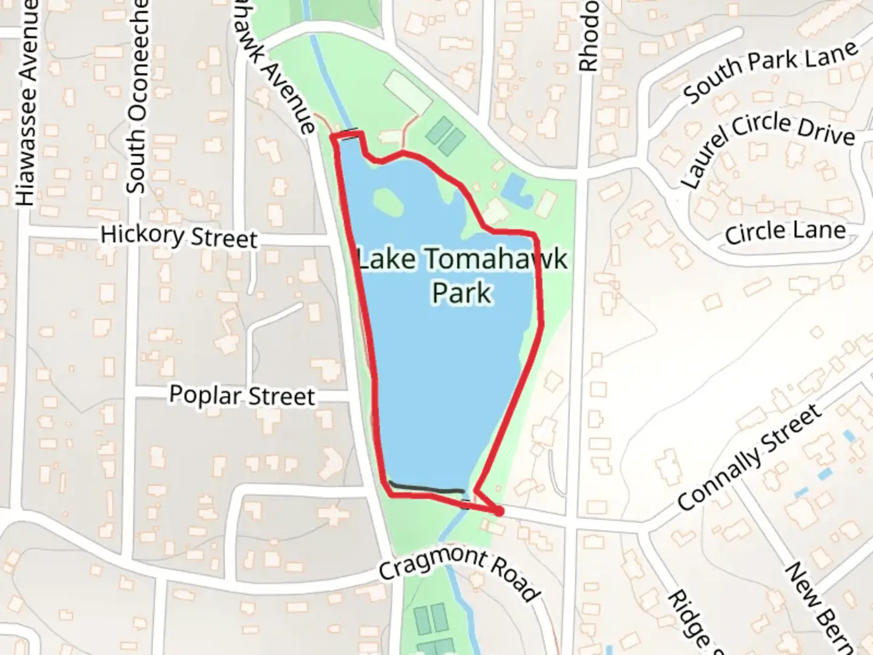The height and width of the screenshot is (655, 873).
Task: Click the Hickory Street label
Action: pyautogui.click(x=179, y=236)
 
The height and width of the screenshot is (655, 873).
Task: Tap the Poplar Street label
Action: pyautogui.click(x=242, y=395)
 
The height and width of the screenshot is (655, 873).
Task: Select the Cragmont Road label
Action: pyautogui.click(x=458, y=573)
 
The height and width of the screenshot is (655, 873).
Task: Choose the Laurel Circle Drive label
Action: pyautogui.click(x=767, y=146)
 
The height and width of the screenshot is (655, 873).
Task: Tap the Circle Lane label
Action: pyautogui.click(x=785, y=232)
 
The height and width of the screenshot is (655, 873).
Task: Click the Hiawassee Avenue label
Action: pyautogui.click(x=27, y=103)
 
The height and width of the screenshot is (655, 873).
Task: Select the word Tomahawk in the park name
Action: pyautogui.click(x=495, y=260)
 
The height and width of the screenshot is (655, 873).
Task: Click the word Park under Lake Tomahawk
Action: pyautogui.click(x=462, y=292)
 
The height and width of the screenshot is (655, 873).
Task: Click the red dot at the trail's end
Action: pyautogui.click(x=499, y=512)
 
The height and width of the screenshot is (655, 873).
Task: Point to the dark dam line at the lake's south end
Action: pyautogui.click(x=427, y=487)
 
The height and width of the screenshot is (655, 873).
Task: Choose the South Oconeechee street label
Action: pyautogui.click(x=137, y=97)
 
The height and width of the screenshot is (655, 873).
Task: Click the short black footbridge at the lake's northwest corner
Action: pyautogui.click(x=348, y=132)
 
